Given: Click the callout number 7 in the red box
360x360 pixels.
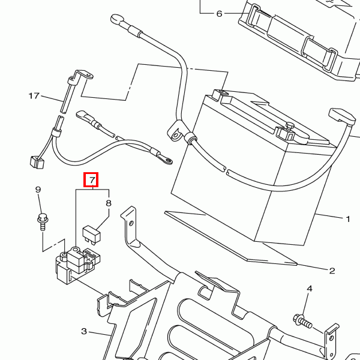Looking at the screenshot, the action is coord(92,180).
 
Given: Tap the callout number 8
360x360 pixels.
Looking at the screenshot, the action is coord(109,203).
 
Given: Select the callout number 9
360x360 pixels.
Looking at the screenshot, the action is coord(38,190).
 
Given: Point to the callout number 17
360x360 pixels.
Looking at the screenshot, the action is coord(34,96).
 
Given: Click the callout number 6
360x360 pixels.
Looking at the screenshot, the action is coord(219,14).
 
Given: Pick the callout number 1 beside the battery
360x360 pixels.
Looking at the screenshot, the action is coord(348,219).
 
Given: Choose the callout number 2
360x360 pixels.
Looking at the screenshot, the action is coord(332,271).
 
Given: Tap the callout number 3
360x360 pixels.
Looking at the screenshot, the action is coord(84,331).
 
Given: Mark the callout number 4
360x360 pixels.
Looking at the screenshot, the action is coord(310,289).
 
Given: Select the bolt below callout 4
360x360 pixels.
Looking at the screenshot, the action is coord(302,321).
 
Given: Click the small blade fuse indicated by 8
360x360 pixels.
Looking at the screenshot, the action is coord(91,234).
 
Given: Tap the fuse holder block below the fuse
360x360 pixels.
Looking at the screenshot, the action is coord(77,265).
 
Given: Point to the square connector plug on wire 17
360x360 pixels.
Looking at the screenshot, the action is coord(37,162).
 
